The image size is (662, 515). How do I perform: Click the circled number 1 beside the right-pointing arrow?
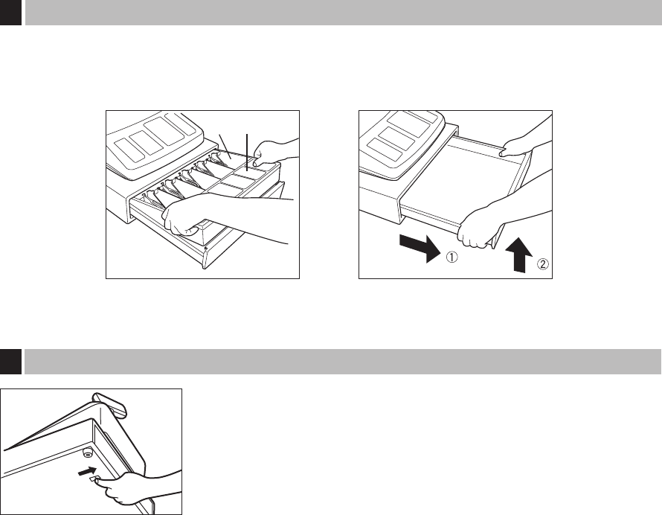click(x=451, y=257)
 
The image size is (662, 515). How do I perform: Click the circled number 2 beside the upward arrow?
click(x=542, y=264)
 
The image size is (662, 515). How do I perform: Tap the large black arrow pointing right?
click(x=420, y=249)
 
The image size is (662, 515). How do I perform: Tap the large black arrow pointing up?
click(x=518, y=255)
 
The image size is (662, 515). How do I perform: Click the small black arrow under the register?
click(x=87, y=471)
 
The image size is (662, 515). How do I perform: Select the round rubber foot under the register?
click(x=88, y=452)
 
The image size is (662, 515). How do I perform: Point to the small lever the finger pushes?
click(x=94, y=479)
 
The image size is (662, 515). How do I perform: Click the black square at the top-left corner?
click(x=10, y=12)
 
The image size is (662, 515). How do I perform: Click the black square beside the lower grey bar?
click(x=10, y=362)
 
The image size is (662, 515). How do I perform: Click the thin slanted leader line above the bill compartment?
click(x=225, y=146)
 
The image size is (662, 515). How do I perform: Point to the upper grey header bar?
click(x=343, y=12)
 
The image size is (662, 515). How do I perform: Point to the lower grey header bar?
click(x=343, y=362)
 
